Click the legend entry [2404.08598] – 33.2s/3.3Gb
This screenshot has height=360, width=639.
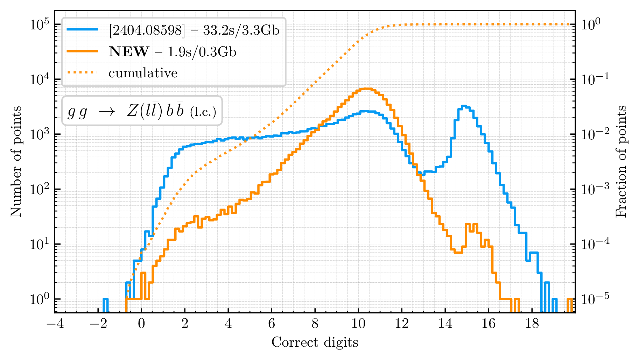(194, 30)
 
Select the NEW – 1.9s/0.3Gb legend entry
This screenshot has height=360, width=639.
(172, 52)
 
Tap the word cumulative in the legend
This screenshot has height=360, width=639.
(143, 73)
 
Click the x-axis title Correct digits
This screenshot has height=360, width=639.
(315, 342)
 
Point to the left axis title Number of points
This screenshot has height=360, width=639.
(16, 161)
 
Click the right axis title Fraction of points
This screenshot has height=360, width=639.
(621, 161)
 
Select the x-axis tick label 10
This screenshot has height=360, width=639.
(358, 324)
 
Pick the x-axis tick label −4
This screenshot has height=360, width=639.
(55, 324)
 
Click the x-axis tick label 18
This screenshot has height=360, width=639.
(532, 324)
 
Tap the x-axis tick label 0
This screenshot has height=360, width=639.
(141, 324)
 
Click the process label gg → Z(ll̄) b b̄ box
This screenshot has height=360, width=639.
(142, 111)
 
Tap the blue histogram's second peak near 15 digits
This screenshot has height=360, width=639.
(464, 106)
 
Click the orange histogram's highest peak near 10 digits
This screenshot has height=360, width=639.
(366, 89)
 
